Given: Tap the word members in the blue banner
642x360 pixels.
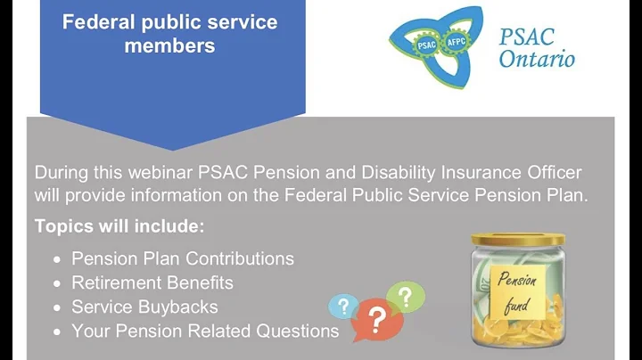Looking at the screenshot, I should click(169, 45).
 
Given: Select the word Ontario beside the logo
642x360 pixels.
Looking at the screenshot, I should click(537, 60).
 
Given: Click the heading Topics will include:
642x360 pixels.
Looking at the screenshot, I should click(119, 226).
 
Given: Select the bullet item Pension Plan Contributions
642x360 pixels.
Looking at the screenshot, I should click(182, 258).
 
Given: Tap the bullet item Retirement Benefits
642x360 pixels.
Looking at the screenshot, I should click(152, 282).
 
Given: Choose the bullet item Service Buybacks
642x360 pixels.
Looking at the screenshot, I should click(144, 307).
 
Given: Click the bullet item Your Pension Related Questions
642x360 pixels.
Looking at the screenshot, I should click(204, 331).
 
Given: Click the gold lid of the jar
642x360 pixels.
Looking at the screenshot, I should click(516, 240).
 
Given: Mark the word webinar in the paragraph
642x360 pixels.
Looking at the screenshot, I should click(153, 172).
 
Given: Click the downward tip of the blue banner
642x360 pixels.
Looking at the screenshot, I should click(172, 146).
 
